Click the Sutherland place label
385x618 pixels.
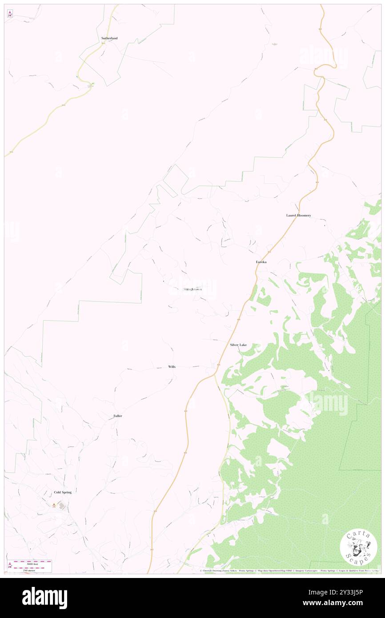coord(109,39)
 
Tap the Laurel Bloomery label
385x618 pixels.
coord(298,215)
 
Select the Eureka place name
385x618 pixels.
coord(261,262)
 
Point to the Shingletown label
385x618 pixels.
coord(192,289)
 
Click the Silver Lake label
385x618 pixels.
coord(238,345)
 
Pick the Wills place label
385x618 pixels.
coord(172,367)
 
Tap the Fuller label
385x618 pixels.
coord(118,416)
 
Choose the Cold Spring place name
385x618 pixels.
coord(63,492)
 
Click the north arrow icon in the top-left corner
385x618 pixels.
coord(10,13)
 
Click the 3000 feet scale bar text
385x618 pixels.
coord(32,563)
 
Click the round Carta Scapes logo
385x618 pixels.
coord(358,547)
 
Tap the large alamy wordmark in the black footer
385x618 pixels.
coord(44,598)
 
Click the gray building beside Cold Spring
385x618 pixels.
coord(61,506)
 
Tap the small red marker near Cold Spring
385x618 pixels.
coord(54,505)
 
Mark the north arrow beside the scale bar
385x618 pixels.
coord(10,566)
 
